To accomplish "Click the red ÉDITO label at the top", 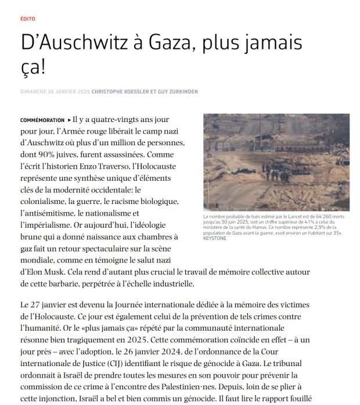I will (x=27, y=19).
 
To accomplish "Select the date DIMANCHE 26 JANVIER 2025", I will (x=55, y=91).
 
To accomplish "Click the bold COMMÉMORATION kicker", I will (x=42, y=120).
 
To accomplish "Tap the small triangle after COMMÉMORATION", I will (x=70, y=120).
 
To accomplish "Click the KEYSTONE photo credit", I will (x=215, y=238).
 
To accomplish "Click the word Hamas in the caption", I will (x=264, y=227).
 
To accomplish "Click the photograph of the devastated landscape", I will (x=276, y=162).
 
